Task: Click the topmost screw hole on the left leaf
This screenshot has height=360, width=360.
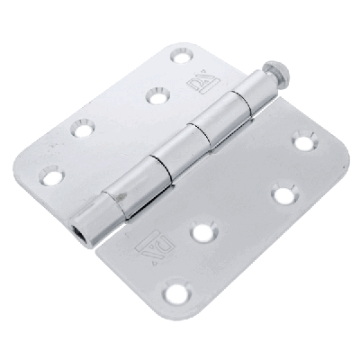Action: point(183,57)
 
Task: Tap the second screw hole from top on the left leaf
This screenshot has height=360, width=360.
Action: point(157,94)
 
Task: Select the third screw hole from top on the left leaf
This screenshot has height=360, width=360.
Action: point(84,130)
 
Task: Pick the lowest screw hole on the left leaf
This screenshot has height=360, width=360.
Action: point(53,176)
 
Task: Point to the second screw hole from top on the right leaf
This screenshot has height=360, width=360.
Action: point(283,194)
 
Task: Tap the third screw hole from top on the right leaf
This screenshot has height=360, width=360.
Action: point(203,232)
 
